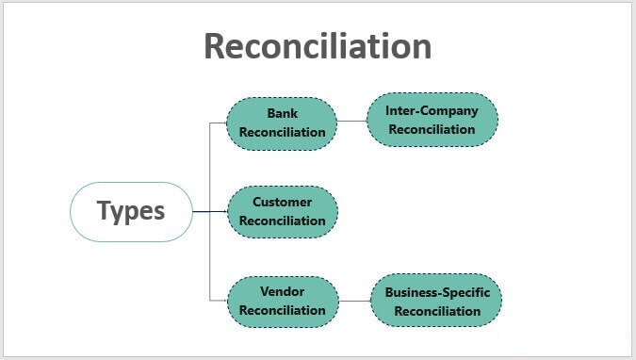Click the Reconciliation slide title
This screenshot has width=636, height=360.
318,46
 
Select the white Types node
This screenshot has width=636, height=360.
131,211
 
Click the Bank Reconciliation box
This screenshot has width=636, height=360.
282,123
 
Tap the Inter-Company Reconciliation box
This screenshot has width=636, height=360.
432,120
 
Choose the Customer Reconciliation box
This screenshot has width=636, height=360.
282,211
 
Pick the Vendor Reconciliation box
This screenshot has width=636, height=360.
282,301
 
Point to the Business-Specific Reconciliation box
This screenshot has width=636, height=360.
436,301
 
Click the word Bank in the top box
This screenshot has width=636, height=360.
282,113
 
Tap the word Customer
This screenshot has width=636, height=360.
282,202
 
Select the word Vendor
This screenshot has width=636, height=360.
282,291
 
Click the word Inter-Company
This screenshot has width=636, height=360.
432,110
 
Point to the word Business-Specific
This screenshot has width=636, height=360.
437,292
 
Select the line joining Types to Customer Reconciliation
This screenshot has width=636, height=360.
209,211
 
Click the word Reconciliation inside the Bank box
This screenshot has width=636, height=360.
282,132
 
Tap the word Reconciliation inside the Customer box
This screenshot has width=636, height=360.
282,221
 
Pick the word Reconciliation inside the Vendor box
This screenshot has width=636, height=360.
282,310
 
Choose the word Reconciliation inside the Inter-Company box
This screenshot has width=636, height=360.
432,129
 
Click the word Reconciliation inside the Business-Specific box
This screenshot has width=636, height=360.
437,311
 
